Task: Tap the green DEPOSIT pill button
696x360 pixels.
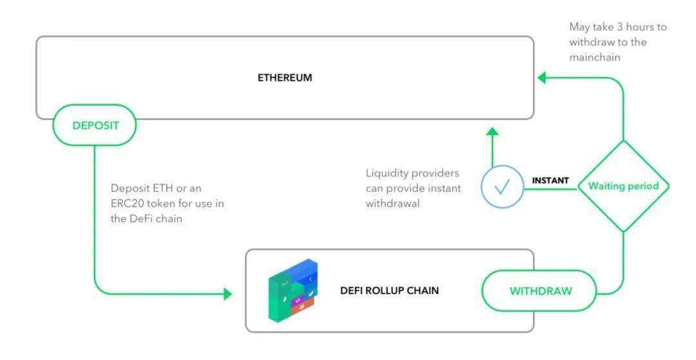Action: tap(95, 125)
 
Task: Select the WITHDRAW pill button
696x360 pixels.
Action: tap(540, 291)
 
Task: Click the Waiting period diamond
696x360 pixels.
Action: tap(623, 186)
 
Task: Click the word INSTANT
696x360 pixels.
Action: tap(550, 180)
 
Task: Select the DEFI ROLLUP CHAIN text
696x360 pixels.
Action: tap(389, 290)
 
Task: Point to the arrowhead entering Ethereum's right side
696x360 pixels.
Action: tap(542, 78)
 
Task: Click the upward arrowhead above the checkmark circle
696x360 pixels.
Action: tap(492, 131)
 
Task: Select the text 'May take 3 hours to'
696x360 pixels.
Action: tap(617, 27)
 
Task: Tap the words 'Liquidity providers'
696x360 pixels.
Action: tap(412, 173)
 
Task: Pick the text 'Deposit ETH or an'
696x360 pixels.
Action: tap(155, 188)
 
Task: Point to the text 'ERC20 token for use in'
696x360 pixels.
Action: tap(168, 204)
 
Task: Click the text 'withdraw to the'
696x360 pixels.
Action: tap(607, 42)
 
